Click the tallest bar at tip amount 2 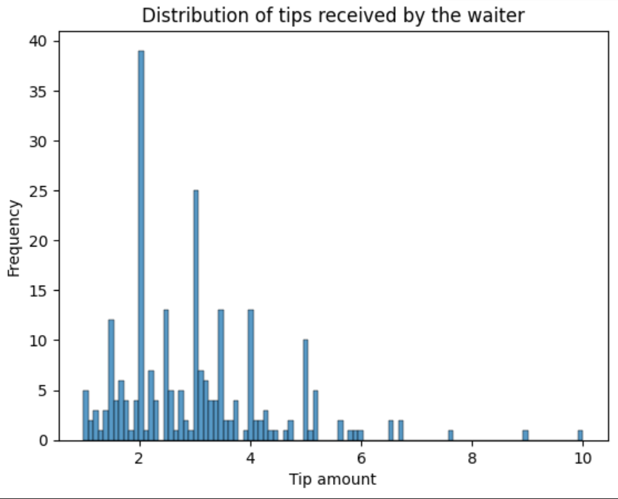point(141,244)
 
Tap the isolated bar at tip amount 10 point(580,436)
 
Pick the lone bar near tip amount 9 point(525,436)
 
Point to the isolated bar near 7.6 point(450,436)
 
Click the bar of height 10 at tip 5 point(305,391)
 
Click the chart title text point(333,15)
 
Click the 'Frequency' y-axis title point(14,238)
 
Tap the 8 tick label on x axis point(472,456)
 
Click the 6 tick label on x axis point(361,456)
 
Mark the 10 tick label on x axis point(583,456)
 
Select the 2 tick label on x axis point(139,456)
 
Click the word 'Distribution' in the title point(188,15)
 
